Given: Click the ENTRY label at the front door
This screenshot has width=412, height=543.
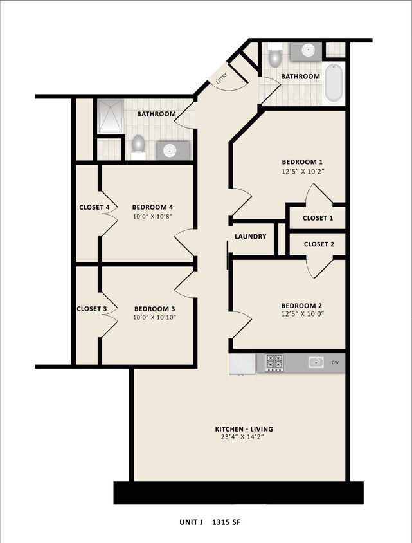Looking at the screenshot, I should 222,79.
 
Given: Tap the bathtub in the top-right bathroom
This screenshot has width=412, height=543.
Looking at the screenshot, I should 334,83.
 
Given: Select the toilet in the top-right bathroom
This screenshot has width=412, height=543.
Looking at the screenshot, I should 275,57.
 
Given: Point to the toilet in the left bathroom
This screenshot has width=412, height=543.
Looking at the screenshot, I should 138,147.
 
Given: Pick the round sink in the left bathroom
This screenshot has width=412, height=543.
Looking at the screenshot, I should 170,151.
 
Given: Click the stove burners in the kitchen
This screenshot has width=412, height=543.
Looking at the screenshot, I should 274,363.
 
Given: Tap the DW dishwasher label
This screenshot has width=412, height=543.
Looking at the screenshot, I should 335,363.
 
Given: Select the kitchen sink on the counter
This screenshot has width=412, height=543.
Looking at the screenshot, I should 315,363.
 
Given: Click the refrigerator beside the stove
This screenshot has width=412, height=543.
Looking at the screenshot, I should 242,364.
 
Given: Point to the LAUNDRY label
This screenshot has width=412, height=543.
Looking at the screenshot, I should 250,237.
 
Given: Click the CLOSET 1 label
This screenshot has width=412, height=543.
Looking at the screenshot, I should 318,218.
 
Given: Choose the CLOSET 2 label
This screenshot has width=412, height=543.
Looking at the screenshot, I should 319,244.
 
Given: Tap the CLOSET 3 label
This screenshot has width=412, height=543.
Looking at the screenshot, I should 91,309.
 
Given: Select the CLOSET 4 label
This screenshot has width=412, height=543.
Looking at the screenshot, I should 94,207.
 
